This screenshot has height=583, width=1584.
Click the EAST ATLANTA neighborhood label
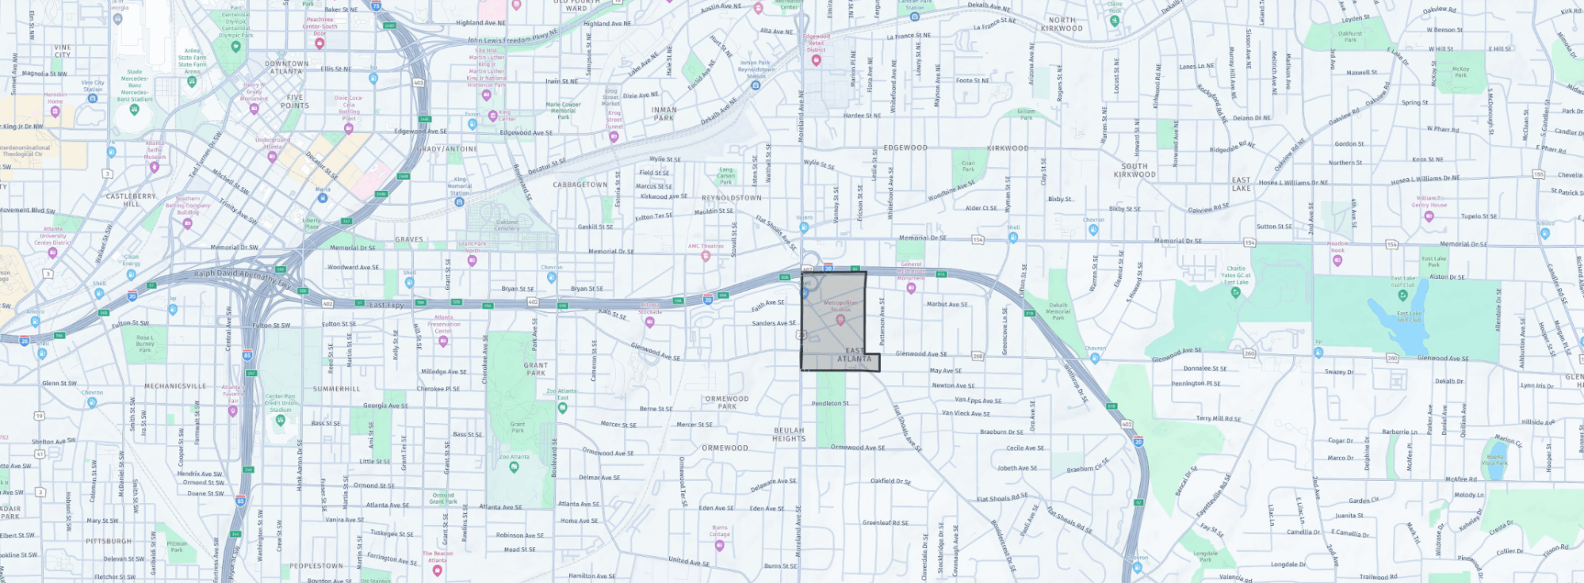click(x=855, y=355)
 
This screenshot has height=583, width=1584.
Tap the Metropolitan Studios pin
click(x=840, y=320)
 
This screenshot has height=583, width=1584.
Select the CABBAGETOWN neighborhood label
click(x=580, y=185)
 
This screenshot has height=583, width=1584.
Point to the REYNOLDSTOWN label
click(x=731, y=198)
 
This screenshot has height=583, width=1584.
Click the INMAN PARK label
click(x=664, y=114)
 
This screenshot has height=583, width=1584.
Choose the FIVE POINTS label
click(x=294, y=101)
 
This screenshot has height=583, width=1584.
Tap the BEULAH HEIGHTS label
click(x=789, y=435)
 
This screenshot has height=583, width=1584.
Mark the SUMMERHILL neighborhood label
click(x=336, y=389)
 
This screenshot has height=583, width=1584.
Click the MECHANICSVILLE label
click(x=175, y=387)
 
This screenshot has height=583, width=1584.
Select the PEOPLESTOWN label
click(x=316, y=566)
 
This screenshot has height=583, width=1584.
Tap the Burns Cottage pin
click(x=719, y=545)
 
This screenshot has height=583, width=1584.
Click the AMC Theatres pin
click(x=706, y=256)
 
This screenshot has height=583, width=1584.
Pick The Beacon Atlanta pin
click(x=437, y=570)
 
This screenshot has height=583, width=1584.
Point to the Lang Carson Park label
click(x=726, y=176)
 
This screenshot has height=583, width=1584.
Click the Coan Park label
click(x=968, y=166)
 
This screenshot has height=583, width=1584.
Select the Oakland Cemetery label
click(x=507, y=225)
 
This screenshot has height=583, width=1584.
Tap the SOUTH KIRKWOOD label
click(x=1134, y=170)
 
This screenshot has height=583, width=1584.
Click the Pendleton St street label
click(x=830, y=403)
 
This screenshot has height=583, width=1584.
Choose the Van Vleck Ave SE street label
click(x=966, y=413)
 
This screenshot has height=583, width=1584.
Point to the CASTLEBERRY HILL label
click(x=132, y=200)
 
